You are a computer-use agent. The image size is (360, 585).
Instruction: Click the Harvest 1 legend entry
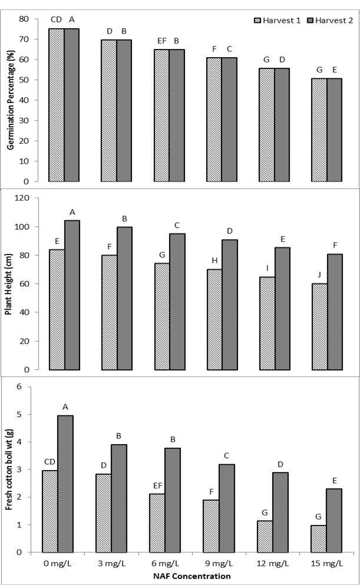(277, 20)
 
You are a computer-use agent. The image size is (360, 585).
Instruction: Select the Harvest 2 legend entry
(329, 20)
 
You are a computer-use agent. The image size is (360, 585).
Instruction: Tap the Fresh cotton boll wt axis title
(9, 469)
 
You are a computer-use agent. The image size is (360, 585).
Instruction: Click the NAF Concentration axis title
(191, 576)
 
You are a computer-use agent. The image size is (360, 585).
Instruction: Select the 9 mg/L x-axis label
(218, 563)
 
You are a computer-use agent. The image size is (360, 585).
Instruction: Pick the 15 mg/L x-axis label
(327, 563)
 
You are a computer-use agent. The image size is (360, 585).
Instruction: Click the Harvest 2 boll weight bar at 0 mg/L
(65, 484)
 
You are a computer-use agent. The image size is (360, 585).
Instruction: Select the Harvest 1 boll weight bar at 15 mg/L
(318, 538)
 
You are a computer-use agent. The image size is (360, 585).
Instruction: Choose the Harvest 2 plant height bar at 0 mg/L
(72, 295)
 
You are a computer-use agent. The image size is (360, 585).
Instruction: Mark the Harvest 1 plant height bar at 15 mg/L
(320, 327)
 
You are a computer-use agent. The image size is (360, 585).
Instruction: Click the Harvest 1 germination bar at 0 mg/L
(57, 105)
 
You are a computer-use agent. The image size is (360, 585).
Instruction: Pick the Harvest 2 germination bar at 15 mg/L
(334, 130)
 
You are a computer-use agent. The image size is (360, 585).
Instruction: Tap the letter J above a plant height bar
(319, 275)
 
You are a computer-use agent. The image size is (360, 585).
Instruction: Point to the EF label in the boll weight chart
(157, 486)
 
